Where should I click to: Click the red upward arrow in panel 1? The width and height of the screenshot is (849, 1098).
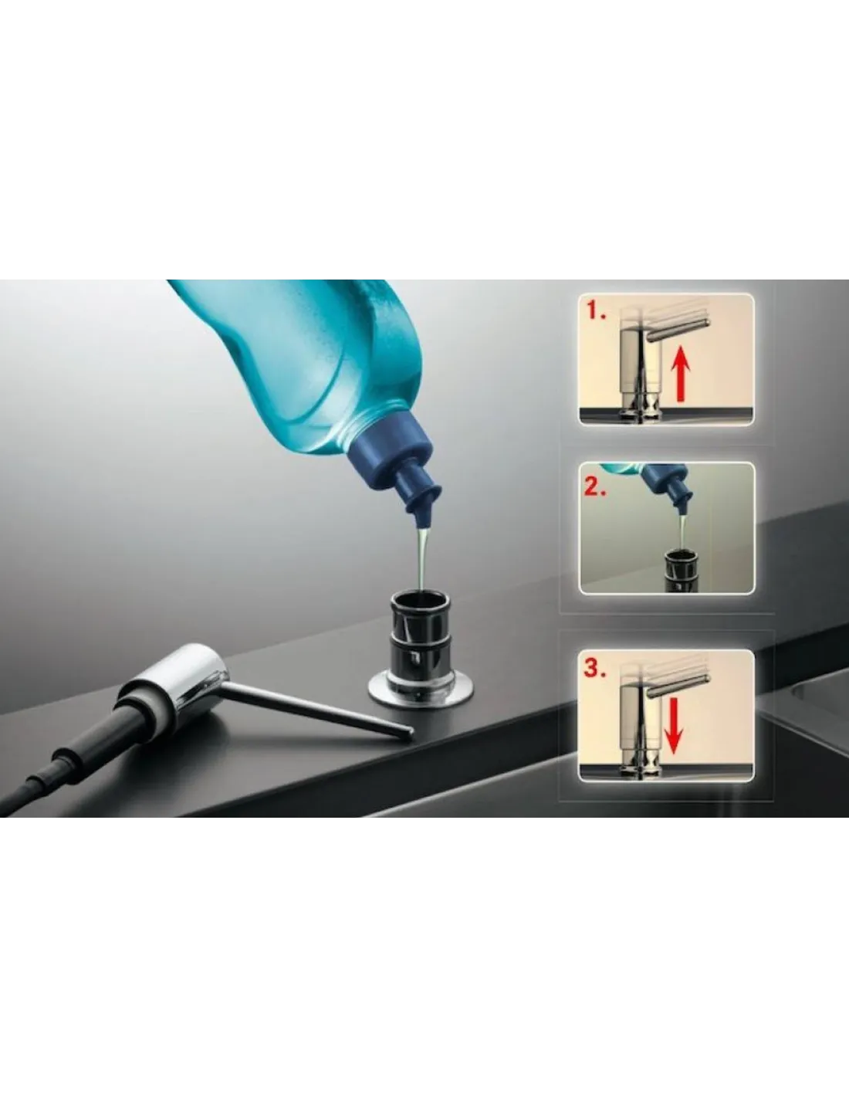point(681,373)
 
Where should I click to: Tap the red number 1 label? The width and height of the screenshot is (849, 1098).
point(596,312)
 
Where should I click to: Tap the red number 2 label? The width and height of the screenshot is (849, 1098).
point(596,487)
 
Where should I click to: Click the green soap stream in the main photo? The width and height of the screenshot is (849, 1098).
point(422,558)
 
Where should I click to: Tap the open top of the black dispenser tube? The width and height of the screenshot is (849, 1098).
point(420,601)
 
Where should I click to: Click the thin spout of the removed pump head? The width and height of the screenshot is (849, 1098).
point(318,707)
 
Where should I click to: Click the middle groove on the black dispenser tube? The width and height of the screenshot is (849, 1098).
point(421,639)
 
